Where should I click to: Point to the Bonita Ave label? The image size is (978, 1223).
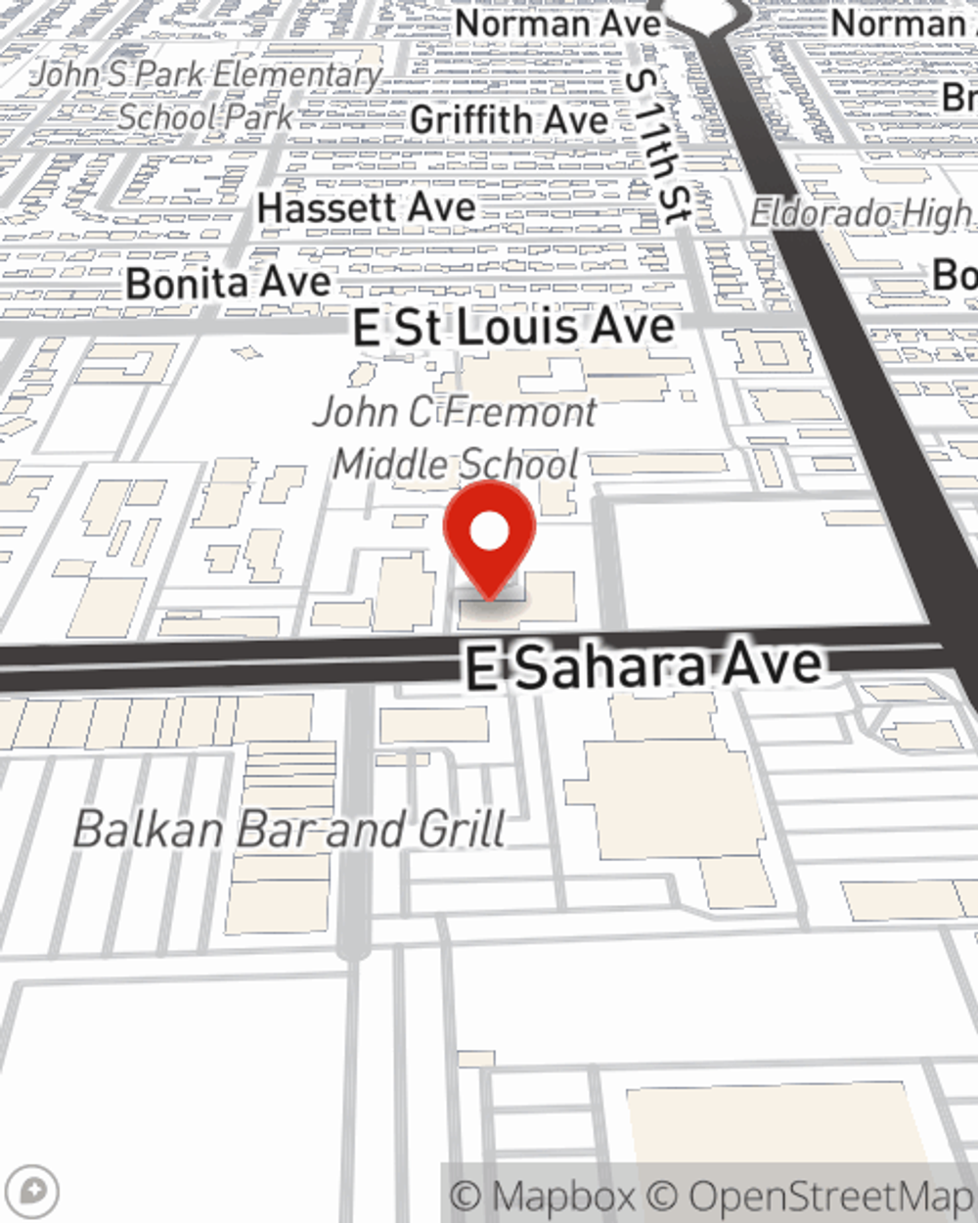click(x=229, y=284)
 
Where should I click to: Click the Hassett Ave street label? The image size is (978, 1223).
click(x=366, y=207)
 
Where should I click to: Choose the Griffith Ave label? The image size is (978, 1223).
click(x=509, y=120)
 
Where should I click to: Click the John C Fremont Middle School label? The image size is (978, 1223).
click(x=456, y=437)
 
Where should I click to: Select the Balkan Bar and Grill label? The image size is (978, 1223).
click(x=289, y=830)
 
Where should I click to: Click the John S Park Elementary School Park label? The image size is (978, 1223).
click(x=207, y=95)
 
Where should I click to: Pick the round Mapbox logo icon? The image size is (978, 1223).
click(x=35, y=1191)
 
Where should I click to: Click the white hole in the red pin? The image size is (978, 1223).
click(x=489, y=532)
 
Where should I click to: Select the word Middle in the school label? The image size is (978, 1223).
click(x=390, y=464)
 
